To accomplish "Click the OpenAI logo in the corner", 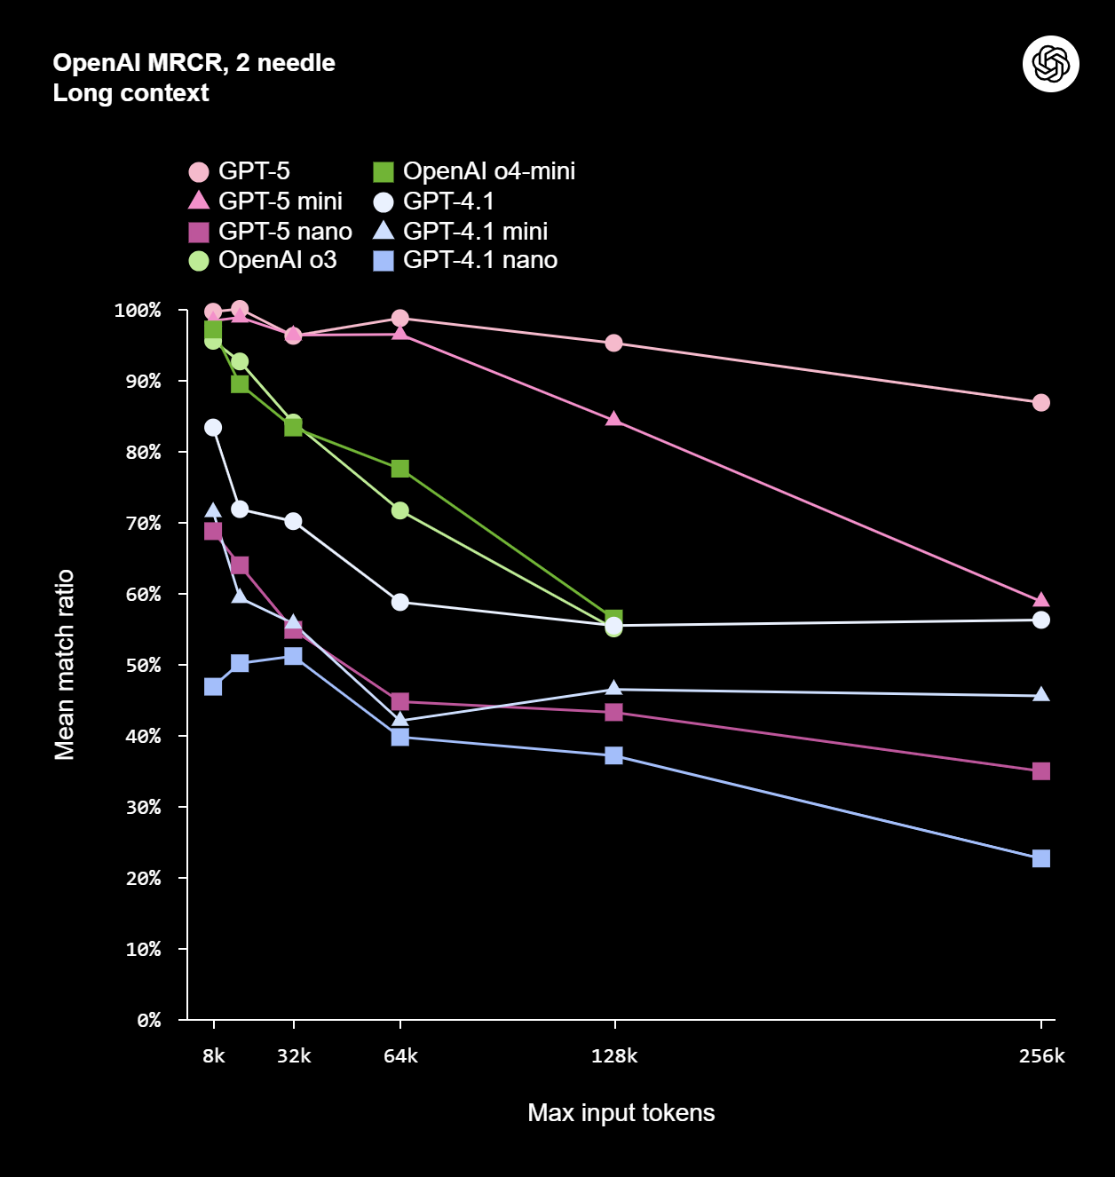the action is [1050, 64].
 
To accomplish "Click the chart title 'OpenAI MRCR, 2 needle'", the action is [194, 63].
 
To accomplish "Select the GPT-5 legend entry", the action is [239, 171].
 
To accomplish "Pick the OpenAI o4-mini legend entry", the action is [474, 171].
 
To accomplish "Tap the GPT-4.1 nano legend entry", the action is [465, 260].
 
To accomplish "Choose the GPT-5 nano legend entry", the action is [270, 231].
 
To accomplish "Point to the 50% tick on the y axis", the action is [143, 665].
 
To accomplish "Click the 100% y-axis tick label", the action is [137, 310].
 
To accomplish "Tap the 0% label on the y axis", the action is [148, 1020].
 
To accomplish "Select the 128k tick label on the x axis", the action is [614, 1055].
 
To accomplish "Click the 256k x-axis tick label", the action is [1042, 1055].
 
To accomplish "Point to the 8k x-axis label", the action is [214, 1055].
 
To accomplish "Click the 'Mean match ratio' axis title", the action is [64, 665].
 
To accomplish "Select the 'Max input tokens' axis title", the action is [621, 1112].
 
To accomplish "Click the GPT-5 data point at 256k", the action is [1041, 403].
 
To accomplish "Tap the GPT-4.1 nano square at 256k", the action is [1041, 858].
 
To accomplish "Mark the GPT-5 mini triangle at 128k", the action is [613, 419].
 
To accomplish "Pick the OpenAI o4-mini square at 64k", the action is [400, 469].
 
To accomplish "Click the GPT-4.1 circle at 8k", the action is [212, 428].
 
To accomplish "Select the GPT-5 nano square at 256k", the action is [1041, 771].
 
